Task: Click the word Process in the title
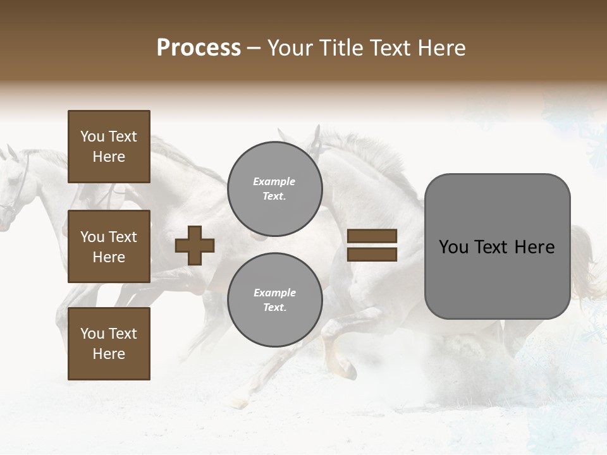tap(199, 48)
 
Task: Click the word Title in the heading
tap(341, 48)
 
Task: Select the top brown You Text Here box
tap(109, 147)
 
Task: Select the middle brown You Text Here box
tap(109, 246)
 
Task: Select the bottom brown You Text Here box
tap(109, 344)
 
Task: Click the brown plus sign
tap(195, 245)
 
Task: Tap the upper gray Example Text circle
tap(274, 189)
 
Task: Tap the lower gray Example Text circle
tap(274, 300)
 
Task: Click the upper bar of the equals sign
tap(372, 236)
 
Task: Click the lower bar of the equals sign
tap(372, 254)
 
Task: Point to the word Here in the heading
tap(439, 48)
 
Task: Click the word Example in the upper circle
tap(274, 181)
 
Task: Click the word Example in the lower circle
tap(274, 293)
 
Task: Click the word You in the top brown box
tap(92, 136)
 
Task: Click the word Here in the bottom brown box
tap(109, 354)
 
